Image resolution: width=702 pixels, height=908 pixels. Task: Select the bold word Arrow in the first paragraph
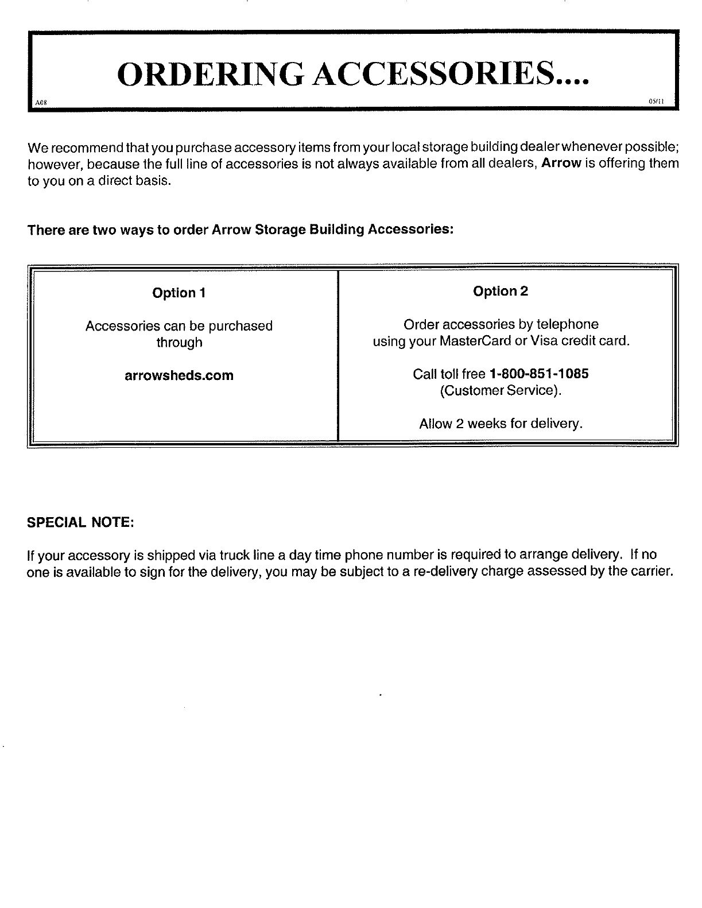click(x=563, y=164)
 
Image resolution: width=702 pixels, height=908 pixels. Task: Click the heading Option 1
click(x=179, y=293)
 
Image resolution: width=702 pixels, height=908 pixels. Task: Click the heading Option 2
click(x=501, y=292)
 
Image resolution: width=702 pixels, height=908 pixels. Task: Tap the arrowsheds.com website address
click(x=180, y=376)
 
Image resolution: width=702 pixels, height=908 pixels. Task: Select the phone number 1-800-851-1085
click(x=538, y=374)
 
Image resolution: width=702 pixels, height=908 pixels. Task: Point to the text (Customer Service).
click(x=501, y=391)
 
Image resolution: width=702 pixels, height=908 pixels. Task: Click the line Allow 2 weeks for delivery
click(x=501, y=424)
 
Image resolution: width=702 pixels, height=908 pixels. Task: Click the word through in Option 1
click(x=179, y=343)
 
